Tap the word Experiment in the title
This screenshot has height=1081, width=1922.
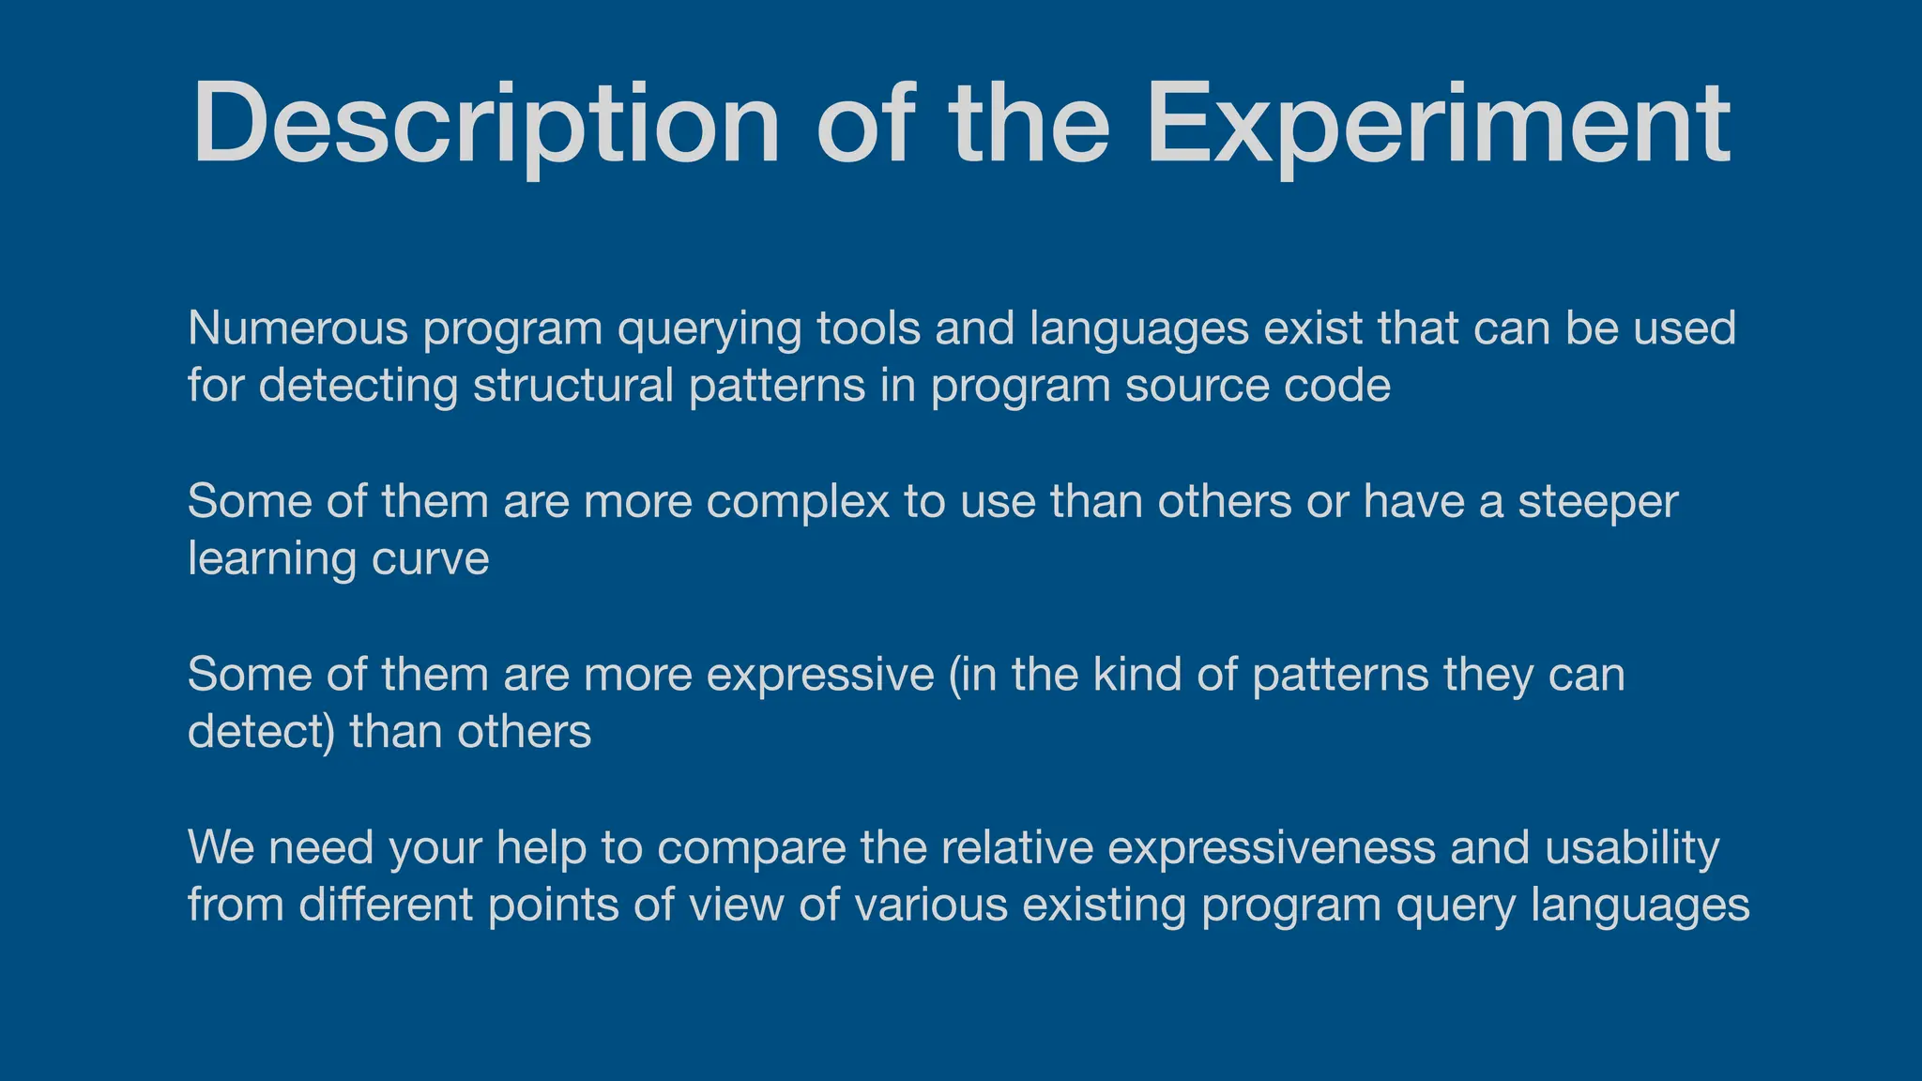click(x=1438, y=125)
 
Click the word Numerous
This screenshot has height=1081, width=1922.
click(x=297, y=328)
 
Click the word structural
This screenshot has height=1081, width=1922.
click(x=572, y=386)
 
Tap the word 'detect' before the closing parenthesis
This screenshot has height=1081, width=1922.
click(x=254, y=732)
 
